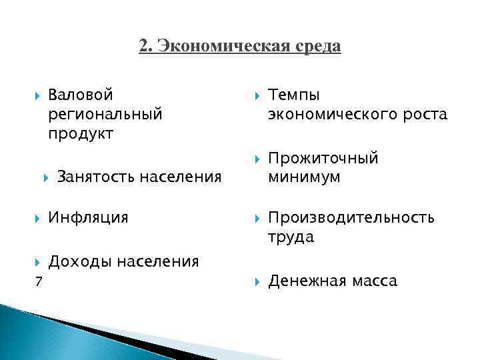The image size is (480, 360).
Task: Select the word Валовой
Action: tap(81, 95)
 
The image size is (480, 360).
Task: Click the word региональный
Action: tap(105, 114)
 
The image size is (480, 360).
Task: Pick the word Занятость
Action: tap(93, 177)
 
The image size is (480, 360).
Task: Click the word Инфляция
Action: tap(88, 217)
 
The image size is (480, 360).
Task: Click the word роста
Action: tap(421, 114)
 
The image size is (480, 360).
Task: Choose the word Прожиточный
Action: tap(323, 158)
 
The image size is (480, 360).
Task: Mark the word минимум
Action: tap(304, 177)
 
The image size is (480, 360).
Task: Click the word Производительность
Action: tap(351, 217)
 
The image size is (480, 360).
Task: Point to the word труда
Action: tap(291, 237)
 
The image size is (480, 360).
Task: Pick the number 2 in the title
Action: tap(144, 47)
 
